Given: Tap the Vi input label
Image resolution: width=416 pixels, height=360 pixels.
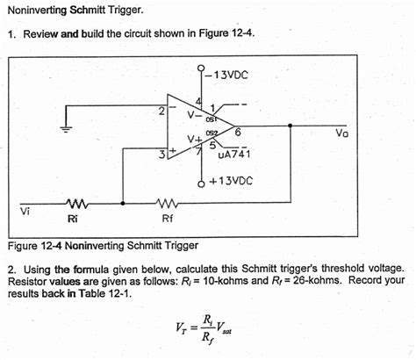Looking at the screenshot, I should [x=25, y=211].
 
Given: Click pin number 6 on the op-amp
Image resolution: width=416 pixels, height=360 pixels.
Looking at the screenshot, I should [x=238, y=131].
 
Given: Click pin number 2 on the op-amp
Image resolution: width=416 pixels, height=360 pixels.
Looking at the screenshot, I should [x=161, y=112].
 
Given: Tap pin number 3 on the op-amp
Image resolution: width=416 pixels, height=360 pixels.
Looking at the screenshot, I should [x=161, y=155].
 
